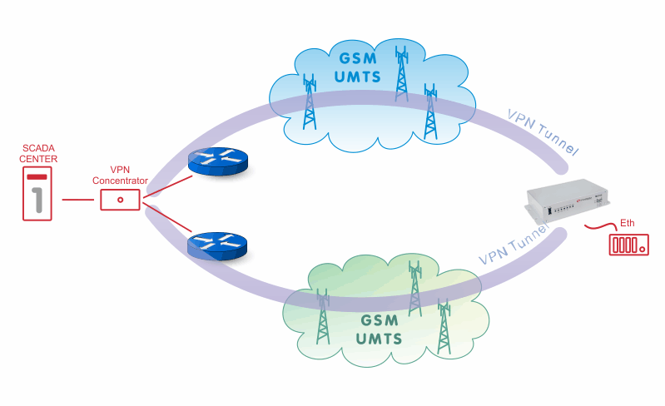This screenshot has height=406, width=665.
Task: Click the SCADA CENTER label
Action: click(38, 153)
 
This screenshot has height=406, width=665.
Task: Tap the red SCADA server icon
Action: click(37, 194)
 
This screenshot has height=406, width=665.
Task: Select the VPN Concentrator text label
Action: click(120, 175)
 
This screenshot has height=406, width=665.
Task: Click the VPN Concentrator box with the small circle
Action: click(120, 200)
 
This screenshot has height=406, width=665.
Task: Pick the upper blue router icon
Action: click(218, 161)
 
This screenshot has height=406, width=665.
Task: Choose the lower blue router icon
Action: click(217, 246)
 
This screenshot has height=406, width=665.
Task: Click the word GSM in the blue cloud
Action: click(358, 58)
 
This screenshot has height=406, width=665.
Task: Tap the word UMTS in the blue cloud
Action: click(358, 77)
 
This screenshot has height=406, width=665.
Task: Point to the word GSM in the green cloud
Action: click(380, 320)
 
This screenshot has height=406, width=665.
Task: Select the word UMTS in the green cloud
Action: click(379, 339)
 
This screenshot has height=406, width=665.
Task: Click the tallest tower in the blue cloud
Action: click(402, 74)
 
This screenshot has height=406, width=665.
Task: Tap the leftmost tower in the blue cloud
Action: click(310, 101)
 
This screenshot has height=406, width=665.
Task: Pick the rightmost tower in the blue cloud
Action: click(430, 111)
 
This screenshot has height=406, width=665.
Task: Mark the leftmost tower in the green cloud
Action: click(323, 317)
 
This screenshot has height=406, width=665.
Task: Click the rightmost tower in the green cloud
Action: click(444, 326)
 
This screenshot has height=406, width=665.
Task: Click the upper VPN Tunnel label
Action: click(543, 131)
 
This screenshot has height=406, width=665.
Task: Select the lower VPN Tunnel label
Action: click(514, 245)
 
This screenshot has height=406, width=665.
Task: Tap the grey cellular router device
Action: click(568, 201)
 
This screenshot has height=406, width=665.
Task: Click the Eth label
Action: click(628, 223)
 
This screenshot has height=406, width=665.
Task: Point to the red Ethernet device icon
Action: click(629, 245)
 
